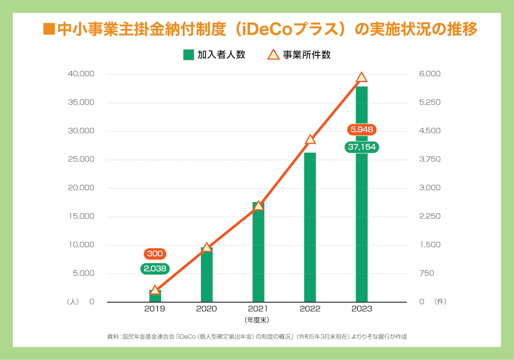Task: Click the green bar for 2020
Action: pyautogui.click(x=207, y=275)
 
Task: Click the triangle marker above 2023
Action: pyautogui.click(x=361, y=78)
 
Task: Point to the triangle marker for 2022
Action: pyautogui.click(x=310, y=140)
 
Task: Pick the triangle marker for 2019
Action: pyautogui.click(x=155, y=291)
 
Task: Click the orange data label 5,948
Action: pyautogui.click(x=361, y=129)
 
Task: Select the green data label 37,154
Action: pyautogui.click(x=361, y=147)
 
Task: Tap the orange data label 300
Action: pyautogui.click(x=155, y=254)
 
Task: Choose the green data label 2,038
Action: pyautogui.click(x=155, y=268)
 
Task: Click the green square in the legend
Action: pyautogui.click(x=188, y=55)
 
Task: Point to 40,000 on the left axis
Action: pyautogui.click(x=81, y=74)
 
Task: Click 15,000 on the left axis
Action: pyautogui.click(x=81, y=217)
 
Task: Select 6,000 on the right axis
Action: pyautogui.click(x=430, y=74)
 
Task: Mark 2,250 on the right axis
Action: pyautogui.click(x=430, y=217)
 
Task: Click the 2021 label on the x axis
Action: pyautogui.click(x=258, y=309)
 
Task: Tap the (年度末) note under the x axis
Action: pyautogui.click(x=257, y=320)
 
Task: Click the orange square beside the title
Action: pyautogui.click(x=49, y=29)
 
